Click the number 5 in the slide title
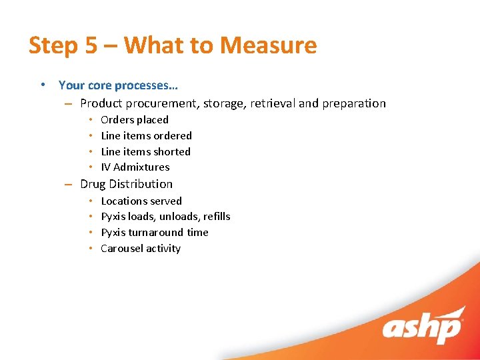coord(91,45)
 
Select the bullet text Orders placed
coord(134,120)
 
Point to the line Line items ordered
coord(146,136)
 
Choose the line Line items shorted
coord(145,152)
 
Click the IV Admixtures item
coord(135,167)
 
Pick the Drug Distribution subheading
coord(126,184)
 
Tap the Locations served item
coord(141,201)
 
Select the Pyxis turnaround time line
coord(154,233)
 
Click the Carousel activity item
coord(140,249)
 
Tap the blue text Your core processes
coord(118,85)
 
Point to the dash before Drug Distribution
coord(69,185)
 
